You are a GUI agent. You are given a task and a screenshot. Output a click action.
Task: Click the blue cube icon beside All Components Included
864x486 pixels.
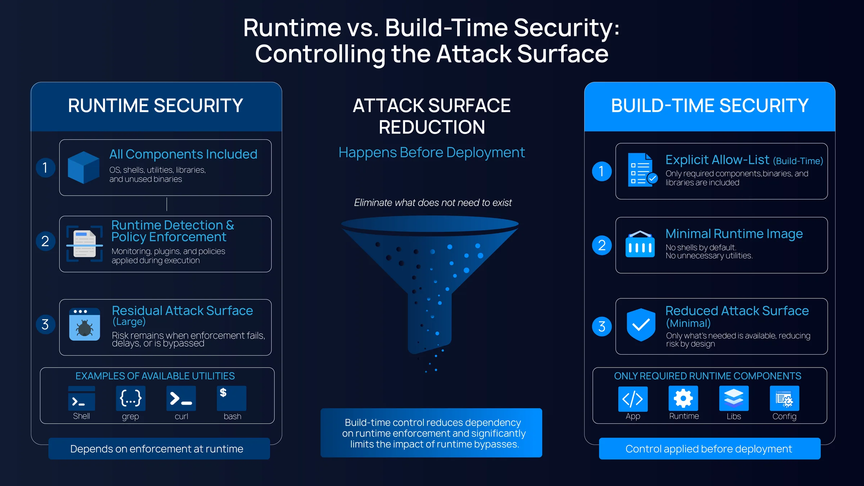pyautogui.click(x=84, y=167)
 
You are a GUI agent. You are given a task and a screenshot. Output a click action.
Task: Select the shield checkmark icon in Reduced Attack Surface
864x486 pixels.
pyautogui.click(x=641, y=325)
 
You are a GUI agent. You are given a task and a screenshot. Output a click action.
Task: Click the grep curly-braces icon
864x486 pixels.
pyautogui.click(x=131, y=398)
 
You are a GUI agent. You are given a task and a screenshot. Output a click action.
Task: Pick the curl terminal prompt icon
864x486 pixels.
pyautogui.click(x=181, y=398)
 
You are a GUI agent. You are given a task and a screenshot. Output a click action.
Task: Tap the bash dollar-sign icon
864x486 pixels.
pyautogui.click(x=231, y=398)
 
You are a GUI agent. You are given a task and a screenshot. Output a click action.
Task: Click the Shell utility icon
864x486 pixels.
pyautogui.click(x=81, y=398)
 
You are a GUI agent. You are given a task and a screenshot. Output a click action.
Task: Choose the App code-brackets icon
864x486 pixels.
pyautogui.click(x=633, y=399)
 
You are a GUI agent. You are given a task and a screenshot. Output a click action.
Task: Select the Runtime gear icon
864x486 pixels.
pyautogui.click(x=683, y=399)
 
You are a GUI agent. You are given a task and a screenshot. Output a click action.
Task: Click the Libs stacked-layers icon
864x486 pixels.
pyautogui.click(x=734, y=399)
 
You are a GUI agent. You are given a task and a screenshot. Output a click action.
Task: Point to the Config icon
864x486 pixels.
pyautogui.click(x=784, y=399)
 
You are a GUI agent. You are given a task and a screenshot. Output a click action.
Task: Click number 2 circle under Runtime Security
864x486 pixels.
pyautogui.click(x=45, y=241)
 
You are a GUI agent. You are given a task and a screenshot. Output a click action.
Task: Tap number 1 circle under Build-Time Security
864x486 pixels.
pyautogui.click(x=602, y=171)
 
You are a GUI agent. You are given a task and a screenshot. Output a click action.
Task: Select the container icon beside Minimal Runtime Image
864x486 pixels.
pyautogui.click(x=640, y=244)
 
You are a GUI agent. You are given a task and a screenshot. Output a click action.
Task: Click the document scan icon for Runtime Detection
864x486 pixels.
pyautogui.click(x=85, y=244)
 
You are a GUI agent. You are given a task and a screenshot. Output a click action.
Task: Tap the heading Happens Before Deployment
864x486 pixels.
pyautogui.click(x=432, y=153)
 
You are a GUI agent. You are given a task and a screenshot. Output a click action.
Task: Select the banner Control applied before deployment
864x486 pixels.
pyautogui.click(x=710, y=449)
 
